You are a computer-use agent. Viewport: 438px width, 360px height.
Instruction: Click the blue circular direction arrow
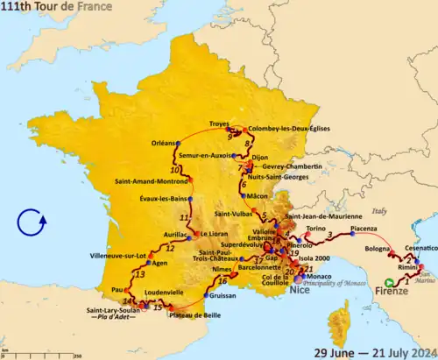[x=30, y=222]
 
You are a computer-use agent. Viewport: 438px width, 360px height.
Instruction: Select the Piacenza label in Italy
[x=367, y=229]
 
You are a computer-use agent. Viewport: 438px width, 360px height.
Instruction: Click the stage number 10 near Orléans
[x=175, y=169]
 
